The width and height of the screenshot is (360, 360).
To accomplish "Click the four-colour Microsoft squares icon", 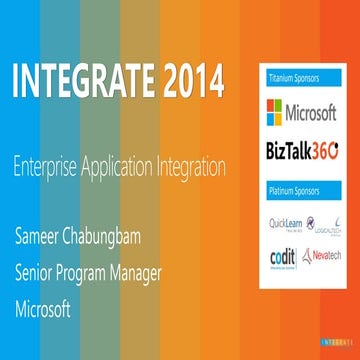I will [x=272, y=109].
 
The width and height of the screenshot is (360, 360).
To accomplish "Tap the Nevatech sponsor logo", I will [x=322, y=256].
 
